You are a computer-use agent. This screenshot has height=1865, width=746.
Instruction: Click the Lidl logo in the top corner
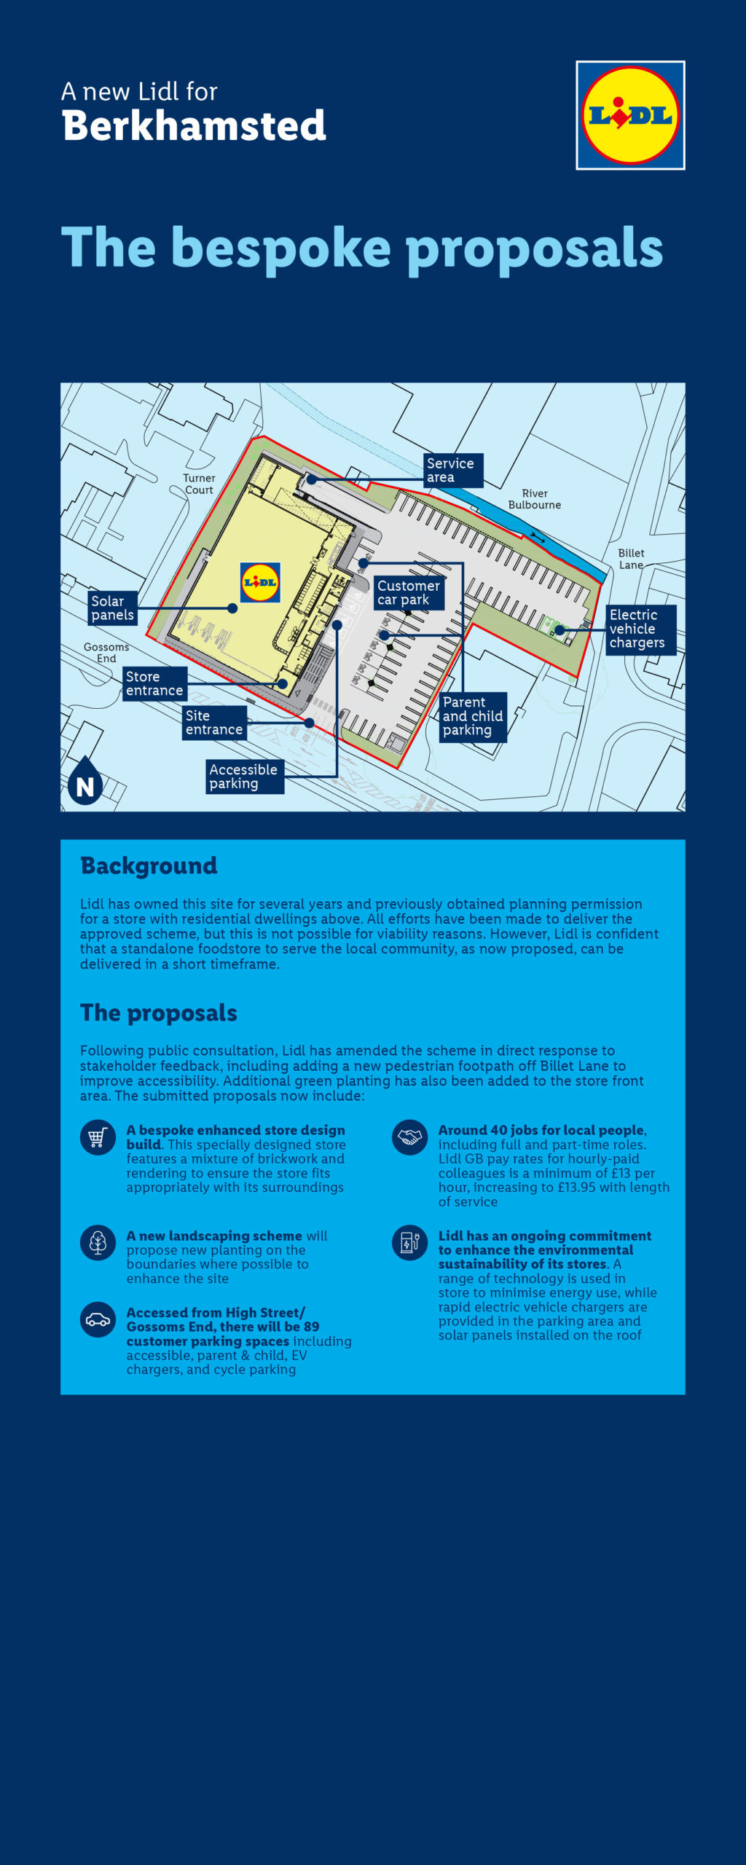pyautogui.click(x=630, y=115)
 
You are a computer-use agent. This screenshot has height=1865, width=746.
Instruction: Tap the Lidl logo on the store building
pyautogui.click(x=260, y=582)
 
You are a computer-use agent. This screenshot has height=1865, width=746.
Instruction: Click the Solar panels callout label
pyautogui.click(x=112, y=608)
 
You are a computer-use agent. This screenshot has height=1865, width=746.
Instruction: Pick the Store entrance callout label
pyautogui.click(x=154, y=683)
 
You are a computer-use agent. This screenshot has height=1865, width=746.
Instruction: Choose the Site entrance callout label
pyautogui.click(x=213, y=723)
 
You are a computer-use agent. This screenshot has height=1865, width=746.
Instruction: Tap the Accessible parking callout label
pyautogui.click(x=244, y=777)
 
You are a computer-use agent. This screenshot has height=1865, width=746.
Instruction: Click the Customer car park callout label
pyautogui.click(x=408, y=592)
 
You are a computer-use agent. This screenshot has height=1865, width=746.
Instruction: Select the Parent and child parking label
pyautogui.click(x=472, y=716)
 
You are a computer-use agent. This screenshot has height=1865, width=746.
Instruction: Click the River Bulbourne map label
pyautogui.click(x=535, y=499)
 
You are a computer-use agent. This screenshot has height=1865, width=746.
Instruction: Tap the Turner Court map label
pyautogui.click(x=199, y=484)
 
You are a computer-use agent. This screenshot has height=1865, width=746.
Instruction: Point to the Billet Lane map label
pyautogui.click(x=631, y=559)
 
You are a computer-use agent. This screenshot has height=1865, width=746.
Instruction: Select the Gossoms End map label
pyautogui.click(x=106, y=652)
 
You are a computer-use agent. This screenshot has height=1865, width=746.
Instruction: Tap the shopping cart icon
pyautogui.click(x=98, y=1137)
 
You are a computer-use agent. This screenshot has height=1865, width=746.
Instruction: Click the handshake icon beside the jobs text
pyautogui.click(x=409, y=1137)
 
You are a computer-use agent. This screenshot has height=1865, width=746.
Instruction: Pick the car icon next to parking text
pyautogui.click(x=98, y=1319)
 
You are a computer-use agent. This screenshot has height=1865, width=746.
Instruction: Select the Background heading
pyautogui.click(x=149, y=865)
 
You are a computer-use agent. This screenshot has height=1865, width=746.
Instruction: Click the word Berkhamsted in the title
pyautogui.click(x=194, y=126)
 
